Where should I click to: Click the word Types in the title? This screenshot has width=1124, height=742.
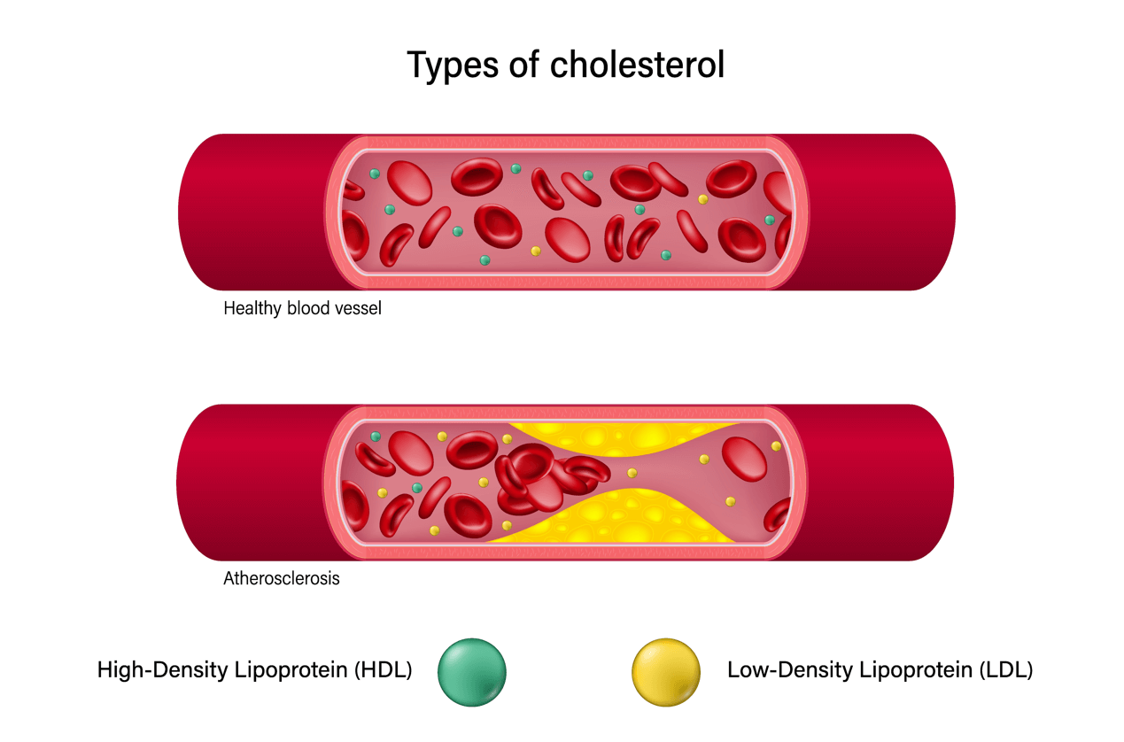[453, 66]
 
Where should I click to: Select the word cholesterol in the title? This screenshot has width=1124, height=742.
[637, 65]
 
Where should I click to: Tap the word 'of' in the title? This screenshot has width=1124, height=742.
[524, 65]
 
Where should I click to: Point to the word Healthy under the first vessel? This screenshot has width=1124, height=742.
[252, 308]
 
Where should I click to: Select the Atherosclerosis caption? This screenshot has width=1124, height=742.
[282, 578]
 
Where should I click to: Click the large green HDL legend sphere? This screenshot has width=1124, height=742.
[472, 672]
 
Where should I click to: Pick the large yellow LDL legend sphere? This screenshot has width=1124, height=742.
[666, 672]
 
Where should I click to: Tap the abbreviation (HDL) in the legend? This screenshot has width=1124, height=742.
[384, 670]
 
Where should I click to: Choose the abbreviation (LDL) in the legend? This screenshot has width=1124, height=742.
[1005, 670]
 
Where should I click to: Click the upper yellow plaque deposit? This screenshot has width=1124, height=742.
[622, 437]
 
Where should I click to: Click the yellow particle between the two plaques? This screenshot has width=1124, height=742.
[632, 473]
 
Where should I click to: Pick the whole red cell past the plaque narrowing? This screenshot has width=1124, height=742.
[744, 459]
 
